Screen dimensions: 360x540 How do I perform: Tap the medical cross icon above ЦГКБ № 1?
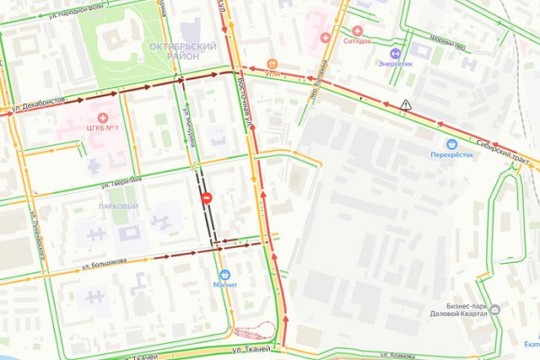103,117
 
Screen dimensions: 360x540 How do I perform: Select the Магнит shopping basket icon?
224,274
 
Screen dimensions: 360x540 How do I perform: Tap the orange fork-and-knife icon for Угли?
271,63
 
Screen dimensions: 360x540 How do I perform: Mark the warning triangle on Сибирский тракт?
407,104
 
